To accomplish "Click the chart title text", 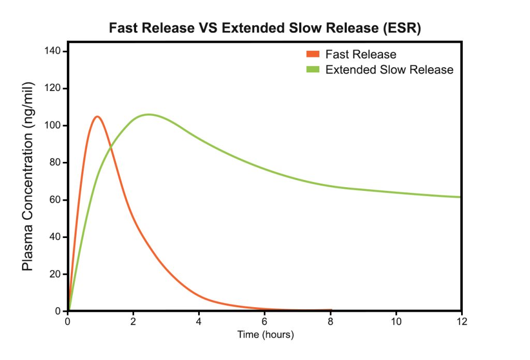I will click(265, 28).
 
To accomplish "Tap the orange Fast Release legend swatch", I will click(313, 54).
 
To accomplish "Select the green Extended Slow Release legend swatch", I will click(313, 70).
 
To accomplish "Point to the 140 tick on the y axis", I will click(54, 51).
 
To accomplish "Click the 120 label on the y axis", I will click(54, 88).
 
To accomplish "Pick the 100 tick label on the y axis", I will click(54, 126).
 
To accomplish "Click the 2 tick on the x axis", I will click(134, 321).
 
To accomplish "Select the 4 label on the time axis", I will click(199, 321).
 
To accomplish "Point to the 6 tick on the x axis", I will click(265, 321).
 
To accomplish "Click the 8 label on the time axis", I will click(331, 321).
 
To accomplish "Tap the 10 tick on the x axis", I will click(396, 321).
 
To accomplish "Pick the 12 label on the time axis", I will click(461, 321).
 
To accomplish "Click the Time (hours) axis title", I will click(266, 335).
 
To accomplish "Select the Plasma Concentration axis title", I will click(27, 176).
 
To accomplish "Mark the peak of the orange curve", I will click(97, 116).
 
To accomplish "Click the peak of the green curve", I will click(149, 114).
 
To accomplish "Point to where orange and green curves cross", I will click(110, 149).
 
